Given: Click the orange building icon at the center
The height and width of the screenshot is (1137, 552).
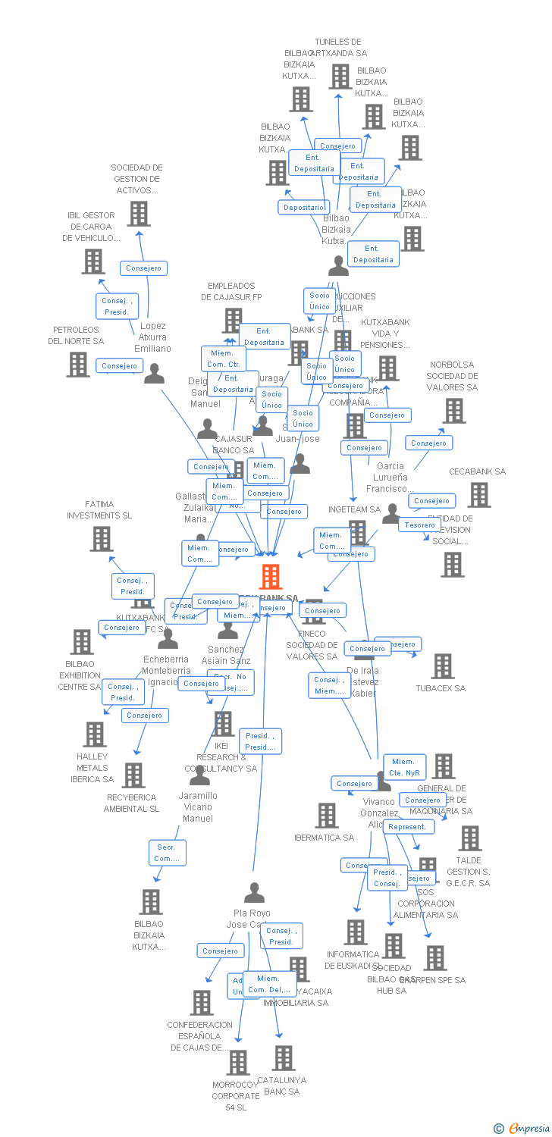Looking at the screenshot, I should (271, 576).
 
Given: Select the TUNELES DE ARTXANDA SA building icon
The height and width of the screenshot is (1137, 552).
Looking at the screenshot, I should (340, 77).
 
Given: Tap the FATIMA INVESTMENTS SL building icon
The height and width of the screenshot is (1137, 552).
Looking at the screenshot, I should (101, 539).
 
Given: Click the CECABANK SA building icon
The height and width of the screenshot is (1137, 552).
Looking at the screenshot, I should (478, 495).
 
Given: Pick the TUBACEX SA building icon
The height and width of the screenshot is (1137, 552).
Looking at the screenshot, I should (442, 666).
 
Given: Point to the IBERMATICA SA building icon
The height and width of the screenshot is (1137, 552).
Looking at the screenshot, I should (326, 816).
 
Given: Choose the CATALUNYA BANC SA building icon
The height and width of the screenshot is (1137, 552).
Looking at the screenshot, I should (283, 1058).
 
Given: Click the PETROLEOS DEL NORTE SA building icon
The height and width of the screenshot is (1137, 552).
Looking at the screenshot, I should (77, 365).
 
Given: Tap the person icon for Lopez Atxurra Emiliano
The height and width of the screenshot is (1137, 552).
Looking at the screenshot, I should (154, 374).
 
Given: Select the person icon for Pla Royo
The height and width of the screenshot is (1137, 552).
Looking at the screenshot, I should (255, 893).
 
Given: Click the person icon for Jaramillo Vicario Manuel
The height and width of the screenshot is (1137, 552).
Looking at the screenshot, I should (199, 776).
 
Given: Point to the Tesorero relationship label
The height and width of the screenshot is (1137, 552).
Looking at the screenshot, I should (419, 525).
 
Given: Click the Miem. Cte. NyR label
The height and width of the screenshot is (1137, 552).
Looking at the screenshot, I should (404, 767).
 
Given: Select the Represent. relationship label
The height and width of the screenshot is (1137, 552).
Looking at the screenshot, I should (408, 827).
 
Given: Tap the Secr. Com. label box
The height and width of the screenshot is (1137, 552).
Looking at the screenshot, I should (167, 853).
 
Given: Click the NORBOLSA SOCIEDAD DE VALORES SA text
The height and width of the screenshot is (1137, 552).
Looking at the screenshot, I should (452, 376).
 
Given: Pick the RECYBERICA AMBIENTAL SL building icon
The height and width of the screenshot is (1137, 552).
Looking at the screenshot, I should (133, 775).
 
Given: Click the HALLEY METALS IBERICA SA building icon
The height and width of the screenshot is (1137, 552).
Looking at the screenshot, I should (94, 734).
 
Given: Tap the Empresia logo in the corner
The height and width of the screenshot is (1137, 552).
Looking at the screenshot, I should (522, 1129).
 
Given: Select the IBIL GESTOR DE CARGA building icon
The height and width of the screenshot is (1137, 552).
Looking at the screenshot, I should (93, 262).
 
